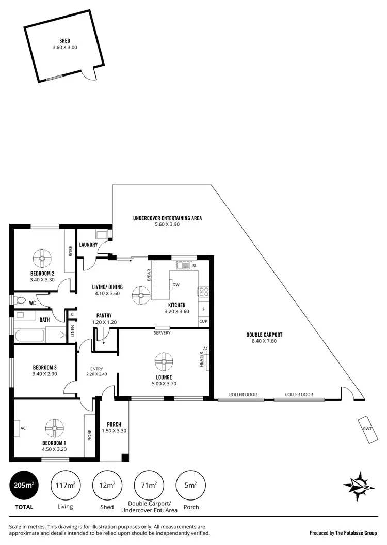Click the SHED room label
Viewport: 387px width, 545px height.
(x=64, y=40)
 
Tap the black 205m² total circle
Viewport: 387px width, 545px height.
(x=24, y=485)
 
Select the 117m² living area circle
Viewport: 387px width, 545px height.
(x=65, y=485)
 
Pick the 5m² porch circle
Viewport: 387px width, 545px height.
(x=190, y=485)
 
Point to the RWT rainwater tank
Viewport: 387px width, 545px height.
(x=367, y=429)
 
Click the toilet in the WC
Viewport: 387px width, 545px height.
(x=20, y=300)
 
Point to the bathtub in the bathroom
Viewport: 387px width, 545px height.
(x=30, y=335)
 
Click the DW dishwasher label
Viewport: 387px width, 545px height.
(x=176, y=285)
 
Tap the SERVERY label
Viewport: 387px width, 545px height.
(x=162, y=332)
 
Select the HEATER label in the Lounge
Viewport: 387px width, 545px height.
(x=202, y=360)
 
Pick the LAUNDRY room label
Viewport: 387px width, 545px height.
(x=89, y=244)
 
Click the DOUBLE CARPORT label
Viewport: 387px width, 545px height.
(x=264, y=335)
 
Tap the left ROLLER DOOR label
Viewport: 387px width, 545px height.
(x=243, y=395)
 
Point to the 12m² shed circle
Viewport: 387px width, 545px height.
(x=107, y=485)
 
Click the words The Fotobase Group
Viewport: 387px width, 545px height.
(x=356, y=532)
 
